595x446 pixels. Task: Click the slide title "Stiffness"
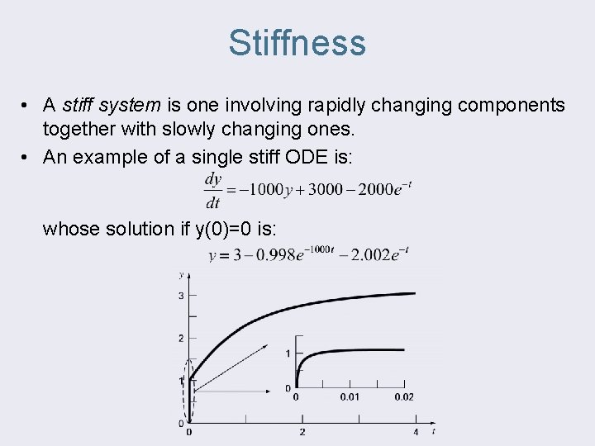click(x=297, y=42)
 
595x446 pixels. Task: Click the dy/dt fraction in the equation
click(x=212, y=190)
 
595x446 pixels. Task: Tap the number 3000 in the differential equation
click(x=323, y=189)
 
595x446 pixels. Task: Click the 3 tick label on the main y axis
click(x=181, y=296)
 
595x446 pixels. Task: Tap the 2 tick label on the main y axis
click(x=181, y=338)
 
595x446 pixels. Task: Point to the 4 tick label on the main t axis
click(x=416, y=432)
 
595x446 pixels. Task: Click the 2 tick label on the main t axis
click(x=302, y=432)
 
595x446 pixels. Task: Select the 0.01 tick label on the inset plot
click(x=350, y=397)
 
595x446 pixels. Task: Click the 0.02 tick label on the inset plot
click(x=404, y=397)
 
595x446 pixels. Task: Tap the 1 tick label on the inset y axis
click(x=288, y=353)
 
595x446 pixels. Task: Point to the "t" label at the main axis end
click(x=433, y=430)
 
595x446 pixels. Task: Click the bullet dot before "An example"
click(x=27, y=157)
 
